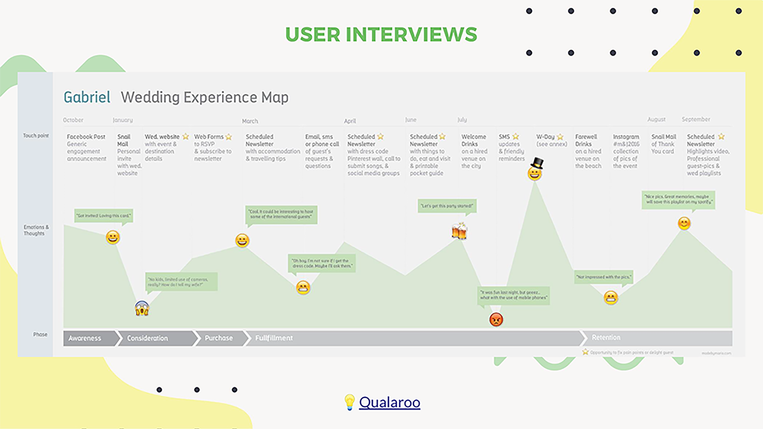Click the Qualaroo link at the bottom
[389, 402]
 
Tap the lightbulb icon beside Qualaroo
[349, 402]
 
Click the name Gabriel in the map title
[87, 97]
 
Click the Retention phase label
[606, 338]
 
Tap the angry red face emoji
[496, 320]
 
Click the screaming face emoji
[142, 308]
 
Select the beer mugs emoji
[459, 231]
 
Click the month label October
[73, 120]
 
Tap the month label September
[696, 119]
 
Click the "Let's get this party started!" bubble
[447, 206]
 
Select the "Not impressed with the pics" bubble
[603, 277]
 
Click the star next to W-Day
[560, 137]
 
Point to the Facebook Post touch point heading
[86, 137]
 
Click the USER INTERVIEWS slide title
[381, 34]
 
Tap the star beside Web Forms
[228, 137]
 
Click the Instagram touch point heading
[626, 137]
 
